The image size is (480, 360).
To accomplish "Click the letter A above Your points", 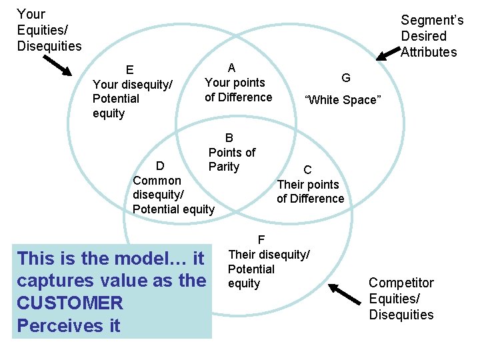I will pyautogui.click(x=231, y=67).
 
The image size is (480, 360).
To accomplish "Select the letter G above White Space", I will pyautogui.click(x=345, y=78).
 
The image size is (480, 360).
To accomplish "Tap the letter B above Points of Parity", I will pyautogui.click(x=229, y=138).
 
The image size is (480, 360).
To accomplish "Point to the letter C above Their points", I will pyautogui.click(x=307, y=170).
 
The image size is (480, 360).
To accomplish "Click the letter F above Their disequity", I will pyautogui.click(x=261, y=239).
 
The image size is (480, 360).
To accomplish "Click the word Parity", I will pyautogui.click(x=223, y=167).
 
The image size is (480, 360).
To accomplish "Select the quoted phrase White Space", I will pyautogui.click(x=343, y=100).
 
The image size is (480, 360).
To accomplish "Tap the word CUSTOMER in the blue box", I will pyautogui.click(x=70, y=303).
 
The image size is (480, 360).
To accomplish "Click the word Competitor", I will pyautogui.click(x=401, y=283).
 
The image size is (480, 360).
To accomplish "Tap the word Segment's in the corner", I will pyautogui.click(x=432, y=21).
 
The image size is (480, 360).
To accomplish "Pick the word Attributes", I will pyautogui.click(x=429, y=52).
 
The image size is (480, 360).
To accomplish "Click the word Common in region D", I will pyautogui.click(x=157, y=181).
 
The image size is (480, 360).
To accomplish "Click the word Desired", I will pyautogui.click(x=423, y=36).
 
